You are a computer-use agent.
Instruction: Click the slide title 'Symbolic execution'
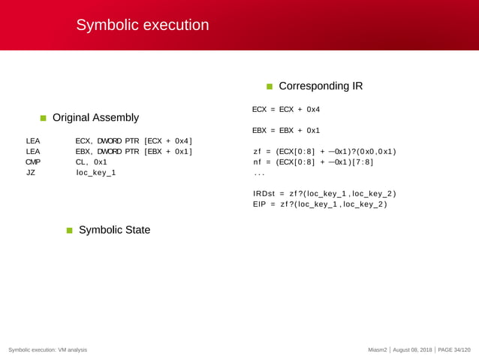pyautogui.click(x=142, y=26)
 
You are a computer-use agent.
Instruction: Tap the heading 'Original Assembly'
pyautogui.click(x=95, y=118)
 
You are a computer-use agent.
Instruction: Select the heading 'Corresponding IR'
pyautogui.click(x=321, y=86)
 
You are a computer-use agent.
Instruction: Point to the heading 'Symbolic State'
pyautogui.click(x=114, y=230)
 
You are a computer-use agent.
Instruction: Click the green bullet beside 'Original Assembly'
pyautogui.click(x=44, y=118)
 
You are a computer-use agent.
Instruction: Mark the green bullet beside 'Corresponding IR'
pyautogui.click(x=270, y=86)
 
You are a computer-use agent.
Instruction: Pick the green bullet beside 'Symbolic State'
pyautogui.click(x=70, y=230)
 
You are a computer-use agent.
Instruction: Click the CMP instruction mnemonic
pyautogui.click(x=33, y=162)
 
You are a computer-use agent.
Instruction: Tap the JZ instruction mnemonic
pyautogui.click(x=31, y=173)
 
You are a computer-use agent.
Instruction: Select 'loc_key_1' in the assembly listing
pyautogui.click(x=96, y=173)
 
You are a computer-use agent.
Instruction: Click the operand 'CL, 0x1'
pyautogui.click(x=92, y=162)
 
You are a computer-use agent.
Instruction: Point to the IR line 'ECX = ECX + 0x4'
pyautogui.click(x=286, y=110)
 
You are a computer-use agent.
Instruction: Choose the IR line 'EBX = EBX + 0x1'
pyautogui.click(x=286, y=130)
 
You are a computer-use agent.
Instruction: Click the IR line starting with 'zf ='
pyautogui.click(x=324, y=152)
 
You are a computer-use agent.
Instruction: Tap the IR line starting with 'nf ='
pyautogui.click(x=313, y=162)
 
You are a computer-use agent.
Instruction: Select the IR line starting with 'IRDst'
pyautogui.click(x=324, y=194)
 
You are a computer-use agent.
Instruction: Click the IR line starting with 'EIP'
pyautogui.click(x=320, y=204)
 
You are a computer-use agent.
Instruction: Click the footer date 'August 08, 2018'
pyautogui.click(x=413, y=350)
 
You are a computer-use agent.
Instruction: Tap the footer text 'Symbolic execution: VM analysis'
pyautogui.click(x=48, y=350)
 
